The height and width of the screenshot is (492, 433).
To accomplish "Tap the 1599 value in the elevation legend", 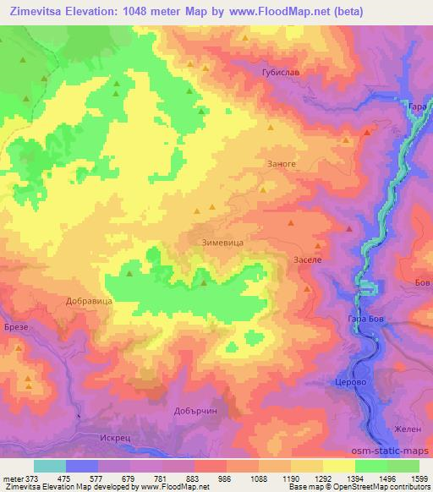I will pos(419,478).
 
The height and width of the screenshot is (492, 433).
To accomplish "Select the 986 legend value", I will pos(226,478).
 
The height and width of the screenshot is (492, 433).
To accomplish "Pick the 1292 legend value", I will pos(322,478).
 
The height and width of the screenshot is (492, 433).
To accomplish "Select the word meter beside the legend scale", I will pos(12,478).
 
